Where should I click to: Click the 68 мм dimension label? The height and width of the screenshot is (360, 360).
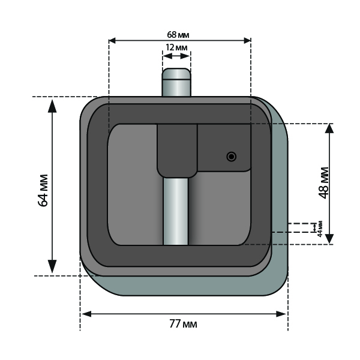[178, 35]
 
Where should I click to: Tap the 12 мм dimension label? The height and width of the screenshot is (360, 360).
[176, 47]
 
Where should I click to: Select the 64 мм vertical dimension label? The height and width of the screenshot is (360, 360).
[43, 191]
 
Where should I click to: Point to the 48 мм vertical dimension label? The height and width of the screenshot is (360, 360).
[324, 183]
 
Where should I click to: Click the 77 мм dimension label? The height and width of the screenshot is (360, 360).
[183, 324]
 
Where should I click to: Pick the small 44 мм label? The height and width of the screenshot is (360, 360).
[320, 229]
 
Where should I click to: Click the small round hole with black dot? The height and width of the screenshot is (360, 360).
[232, 157]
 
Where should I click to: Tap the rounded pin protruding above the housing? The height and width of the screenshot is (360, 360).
[176, 82]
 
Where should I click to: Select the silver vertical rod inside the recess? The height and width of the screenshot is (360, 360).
[176, 211]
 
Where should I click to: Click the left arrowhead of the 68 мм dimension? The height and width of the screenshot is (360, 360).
[112, 41]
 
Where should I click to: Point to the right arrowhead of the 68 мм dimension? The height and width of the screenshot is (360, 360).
[247, 41]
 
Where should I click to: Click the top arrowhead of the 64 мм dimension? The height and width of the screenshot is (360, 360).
[52, 106]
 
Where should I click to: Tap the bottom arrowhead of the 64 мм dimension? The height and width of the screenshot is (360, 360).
[52, 266]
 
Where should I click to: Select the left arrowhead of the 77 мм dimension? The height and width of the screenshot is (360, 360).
[86, 314]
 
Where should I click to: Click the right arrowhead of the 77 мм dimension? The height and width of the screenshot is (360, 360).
[281, 314]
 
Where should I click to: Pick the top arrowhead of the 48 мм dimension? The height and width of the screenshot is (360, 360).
[329, 128]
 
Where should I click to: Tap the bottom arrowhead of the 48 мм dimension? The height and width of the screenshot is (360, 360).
[329, 239]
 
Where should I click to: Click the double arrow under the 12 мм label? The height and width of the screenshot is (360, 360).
[176, 56]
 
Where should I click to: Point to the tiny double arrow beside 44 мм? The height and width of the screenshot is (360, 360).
[314, 228]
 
